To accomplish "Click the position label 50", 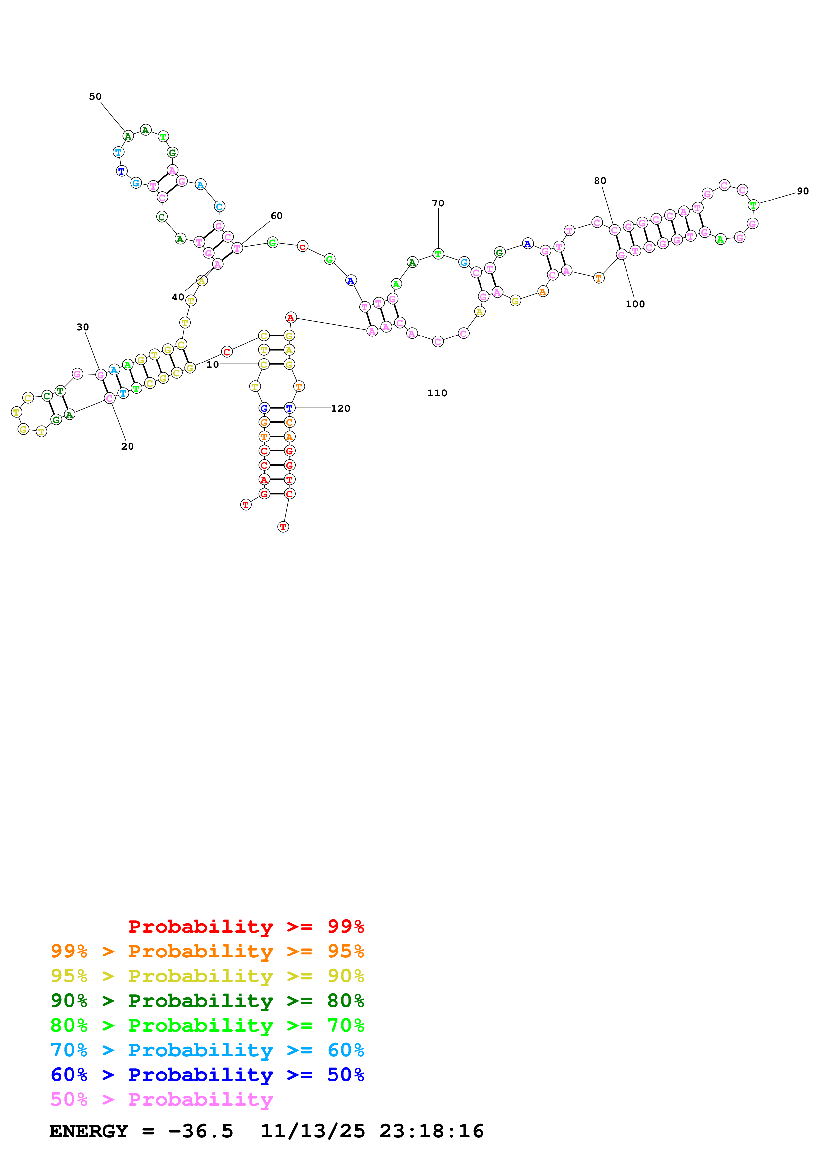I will [x=95, y=96].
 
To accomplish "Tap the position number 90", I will [x=802, y=191].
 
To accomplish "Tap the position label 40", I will [x=178, y=297].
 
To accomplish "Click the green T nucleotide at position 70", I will [x=438, y=254].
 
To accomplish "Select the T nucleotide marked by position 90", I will [x=753, y=205].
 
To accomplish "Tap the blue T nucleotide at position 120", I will [x=289, y=408].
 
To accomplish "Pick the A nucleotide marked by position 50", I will [x=128, y=136].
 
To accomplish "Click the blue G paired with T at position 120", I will [x=264, y=408].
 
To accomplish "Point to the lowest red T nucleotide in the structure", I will [x=283, y=527].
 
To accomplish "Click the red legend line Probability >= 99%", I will [x=246, y=926].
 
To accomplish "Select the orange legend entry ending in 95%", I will [x=207, y=951].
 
